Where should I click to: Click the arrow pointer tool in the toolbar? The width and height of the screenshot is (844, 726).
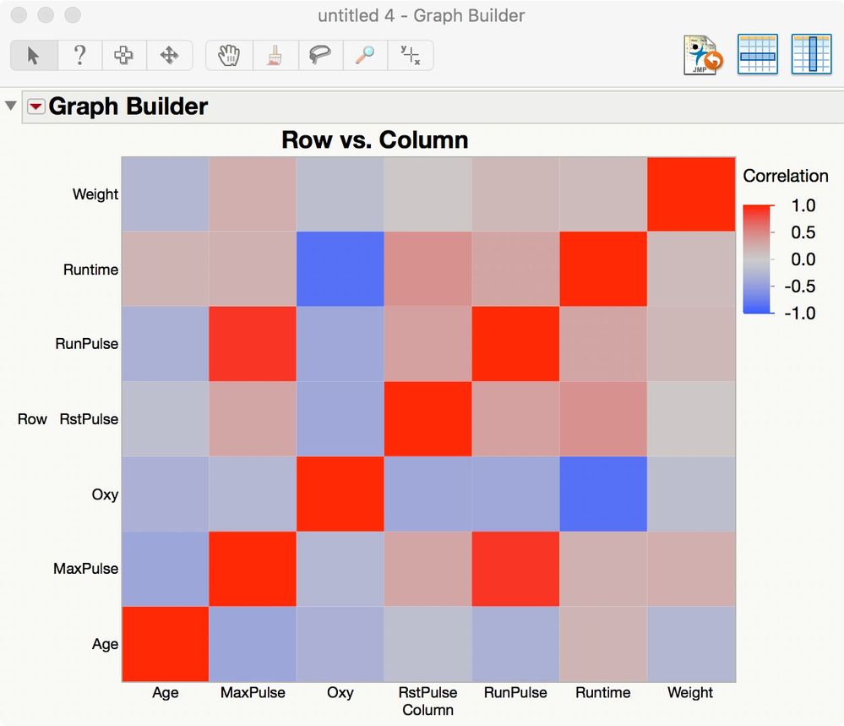click(34, 56)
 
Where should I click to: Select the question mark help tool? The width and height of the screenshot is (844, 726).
click(79, 56)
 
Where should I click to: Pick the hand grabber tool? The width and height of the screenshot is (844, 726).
click(228, 56)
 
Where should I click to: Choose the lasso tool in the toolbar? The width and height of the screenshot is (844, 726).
click(319, 56)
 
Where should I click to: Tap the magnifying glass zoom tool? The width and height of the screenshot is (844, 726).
click(365, 56)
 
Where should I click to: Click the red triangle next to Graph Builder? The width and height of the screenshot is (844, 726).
click(36, 106)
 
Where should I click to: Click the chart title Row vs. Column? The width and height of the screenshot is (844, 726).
click(374, 139)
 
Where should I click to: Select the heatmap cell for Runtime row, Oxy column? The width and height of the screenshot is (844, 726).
click(340, 269)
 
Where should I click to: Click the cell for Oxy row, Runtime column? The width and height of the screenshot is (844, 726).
click(603, 494)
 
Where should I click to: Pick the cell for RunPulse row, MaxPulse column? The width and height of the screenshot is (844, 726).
click(253, 344)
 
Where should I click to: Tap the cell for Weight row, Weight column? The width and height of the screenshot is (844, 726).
click(691, 194)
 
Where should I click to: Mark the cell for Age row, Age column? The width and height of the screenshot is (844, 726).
click(166, 643)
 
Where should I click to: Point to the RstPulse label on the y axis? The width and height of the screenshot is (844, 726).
click(89, 419)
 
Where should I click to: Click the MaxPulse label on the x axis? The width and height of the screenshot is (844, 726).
click(253, 693)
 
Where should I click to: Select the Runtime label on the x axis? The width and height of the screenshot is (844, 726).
click(603, 693)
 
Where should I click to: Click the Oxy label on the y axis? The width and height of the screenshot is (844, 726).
click(105, 494)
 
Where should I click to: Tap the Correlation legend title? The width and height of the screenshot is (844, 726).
click(785, 176)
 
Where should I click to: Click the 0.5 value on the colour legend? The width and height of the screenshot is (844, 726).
click(803, 232)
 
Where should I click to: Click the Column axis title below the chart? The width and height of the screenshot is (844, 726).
click(427, 710)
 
